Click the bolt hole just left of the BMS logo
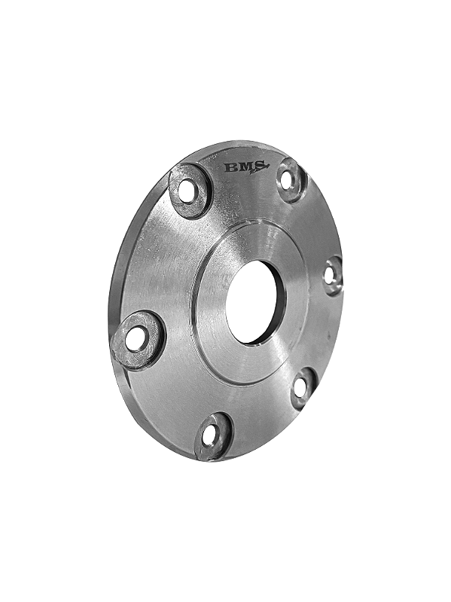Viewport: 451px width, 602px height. coord(187,191)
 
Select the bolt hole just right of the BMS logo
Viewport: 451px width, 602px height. coord(288,180)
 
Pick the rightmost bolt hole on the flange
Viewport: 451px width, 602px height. coord(330,275)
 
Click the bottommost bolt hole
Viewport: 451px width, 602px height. coord(210,435)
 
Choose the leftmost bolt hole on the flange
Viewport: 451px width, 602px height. coord(136,338)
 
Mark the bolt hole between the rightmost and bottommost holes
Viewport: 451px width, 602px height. coord(300,387)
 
